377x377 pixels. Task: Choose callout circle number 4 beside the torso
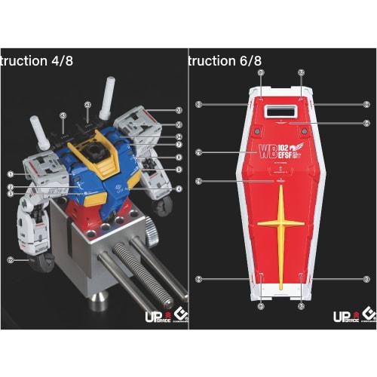click(178, 188)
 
